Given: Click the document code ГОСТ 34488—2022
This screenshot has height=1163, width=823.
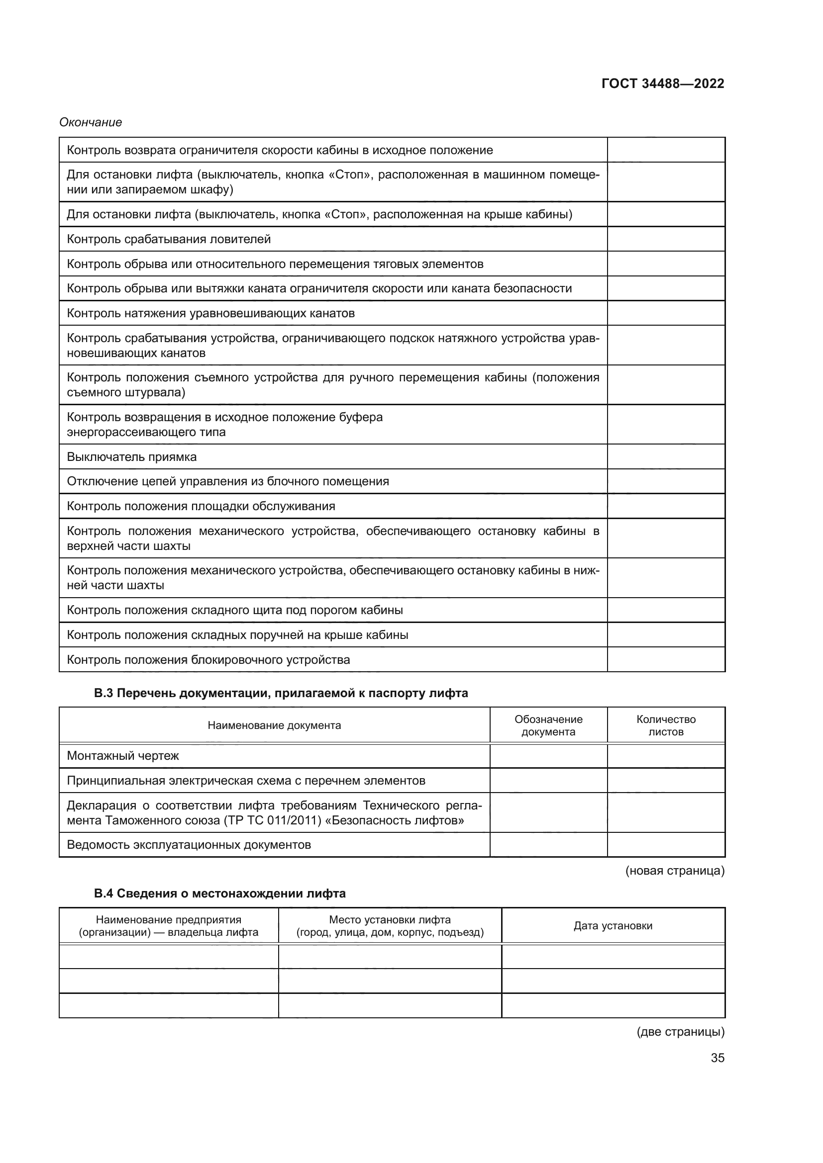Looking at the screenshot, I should (662, 84).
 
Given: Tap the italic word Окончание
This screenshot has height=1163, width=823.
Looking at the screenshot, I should (90, 123).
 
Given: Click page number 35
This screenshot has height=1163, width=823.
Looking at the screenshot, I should (717, 1058).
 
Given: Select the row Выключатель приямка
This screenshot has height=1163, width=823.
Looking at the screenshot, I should (132, 457).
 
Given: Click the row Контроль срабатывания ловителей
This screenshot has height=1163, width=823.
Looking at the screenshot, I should (169, 239).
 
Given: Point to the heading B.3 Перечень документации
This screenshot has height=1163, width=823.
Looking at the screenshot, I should (281, 693).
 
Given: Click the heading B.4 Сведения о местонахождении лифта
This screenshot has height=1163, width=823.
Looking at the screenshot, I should (219, 894).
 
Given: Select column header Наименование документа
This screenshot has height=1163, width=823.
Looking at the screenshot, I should (274, 725).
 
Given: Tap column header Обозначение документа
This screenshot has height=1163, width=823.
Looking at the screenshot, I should (548, 725).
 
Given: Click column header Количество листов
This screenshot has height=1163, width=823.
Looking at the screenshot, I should (666, 725).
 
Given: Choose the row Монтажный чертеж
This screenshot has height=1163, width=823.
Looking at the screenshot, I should (123, 756).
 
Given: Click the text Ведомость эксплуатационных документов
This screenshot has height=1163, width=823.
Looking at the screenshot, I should (189, 845).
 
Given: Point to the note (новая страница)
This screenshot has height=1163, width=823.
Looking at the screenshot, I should (675, 871).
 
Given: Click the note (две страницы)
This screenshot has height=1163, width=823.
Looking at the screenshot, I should (680, 1032).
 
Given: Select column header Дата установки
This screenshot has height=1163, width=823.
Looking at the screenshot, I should (613, 926).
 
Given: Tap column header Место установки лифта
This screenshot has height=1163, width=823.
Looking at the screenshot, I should (390, 926).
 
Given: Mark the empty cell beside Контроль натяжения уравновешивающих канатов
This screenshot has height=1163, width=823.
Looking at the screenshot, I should (666, 313).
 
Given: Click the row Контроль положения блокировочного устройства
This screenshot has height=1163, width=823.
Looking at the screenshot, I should (208, 660).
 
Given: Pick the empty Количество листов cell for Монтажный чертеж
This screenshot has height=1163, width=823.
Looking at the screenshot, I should (666, 756).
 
